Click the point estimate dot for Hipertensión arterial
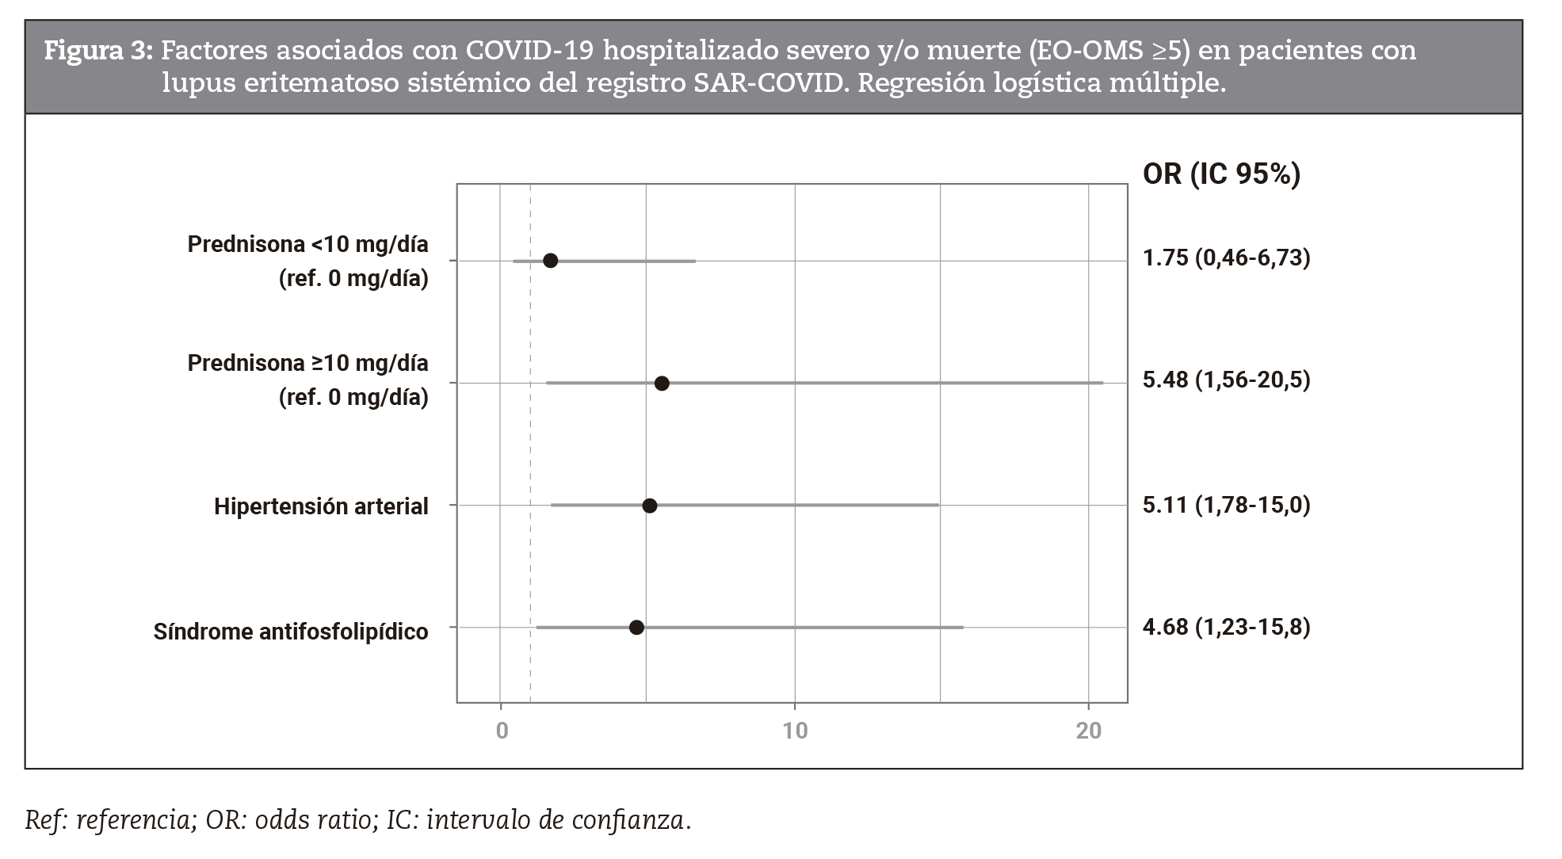tap(649, 506)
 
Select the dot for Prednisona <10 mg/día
tap(550, 261)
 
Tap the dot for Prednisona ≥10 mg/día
tap(662, 384)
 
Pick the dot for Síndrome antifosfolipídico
tap(636, 628)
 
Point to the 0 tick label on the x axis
tap(502, 731)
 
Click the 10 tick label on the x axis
tap(795, 731)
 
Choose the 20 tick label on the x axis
tap(1089, 731)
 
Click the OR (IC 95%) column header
tap(1221, 174)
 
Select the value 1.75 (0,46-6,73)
tap(1226, 258)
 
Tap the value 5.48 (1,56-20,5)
tap(1226, 380)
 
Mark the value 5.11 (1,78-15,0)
tap(1226, 505)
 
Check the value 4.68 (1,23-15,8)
tap(1226, 627)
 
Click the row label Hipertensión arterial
tap(321, 506)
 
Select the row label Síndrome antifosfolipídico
tap(291, 632)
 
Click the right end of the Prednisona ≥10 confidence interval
tap(1102, 384)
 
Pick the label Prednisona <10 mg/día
tap(307, 244)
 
